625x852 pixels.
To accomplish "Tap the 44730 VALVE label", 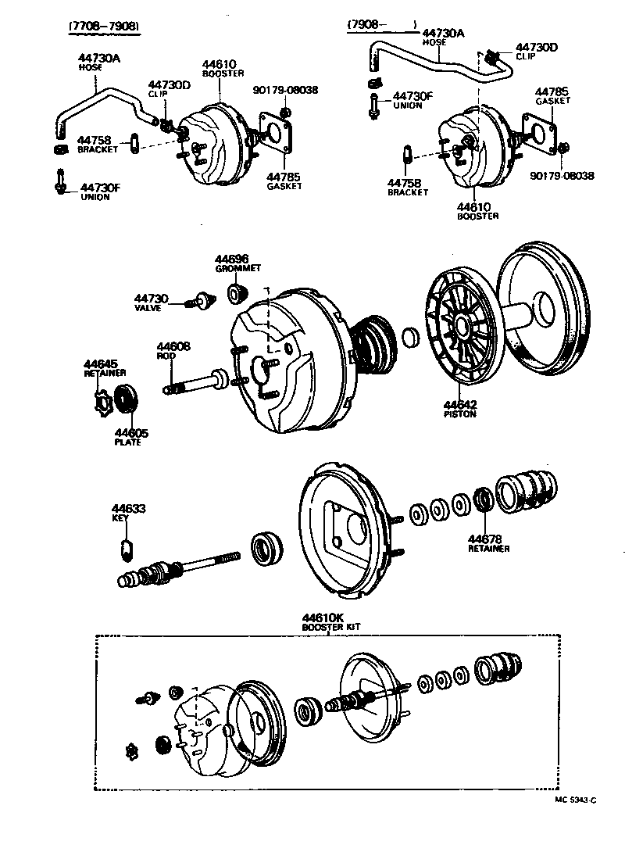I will coord(150,303).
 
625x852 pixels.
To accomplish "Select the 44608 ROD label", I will coord(172,350).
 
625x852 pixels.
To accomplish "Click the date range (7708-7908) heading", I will coord(104,26).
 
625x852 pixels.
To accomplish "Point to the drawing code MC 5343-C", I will coord(575,800).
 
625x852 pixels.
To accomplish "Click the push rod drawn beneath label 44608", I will coord(199,385).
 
